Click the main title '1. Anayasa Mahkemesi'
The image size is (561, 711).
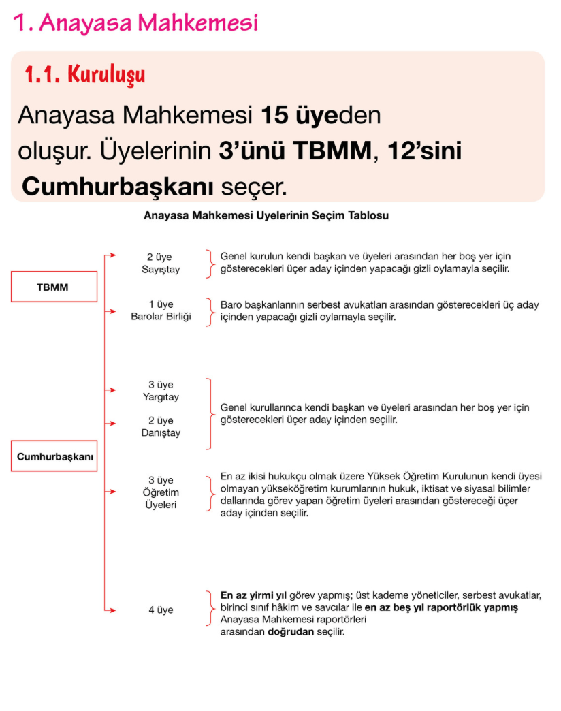click(135, 22)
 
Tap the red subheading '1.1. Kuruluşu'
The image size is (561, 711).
click(84, 74)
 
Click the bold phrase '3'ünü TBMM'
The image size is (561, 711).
click(295, 151)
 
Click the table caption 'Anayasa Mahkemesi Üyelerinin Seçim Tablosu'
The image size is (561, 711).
click(266, 216)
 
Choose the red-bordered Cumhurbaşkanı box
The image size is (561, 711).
click(54, 457)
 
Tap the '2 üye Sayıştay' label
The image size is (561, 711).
click(159, 264)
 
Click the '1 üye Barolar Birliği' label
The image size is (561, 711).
click(161, 311)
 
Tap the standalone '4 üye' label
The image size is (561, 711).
click(161, 610)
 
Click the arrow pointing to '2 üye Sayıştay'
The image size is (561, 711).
click(110, 256)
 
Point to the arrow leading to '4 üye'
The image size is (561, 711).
click(110, 610)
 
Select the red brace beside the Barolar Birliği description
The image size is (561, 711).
click(208, 311)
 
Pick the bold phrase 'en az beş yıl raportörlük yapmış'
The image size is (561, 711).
click(441, 607)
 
